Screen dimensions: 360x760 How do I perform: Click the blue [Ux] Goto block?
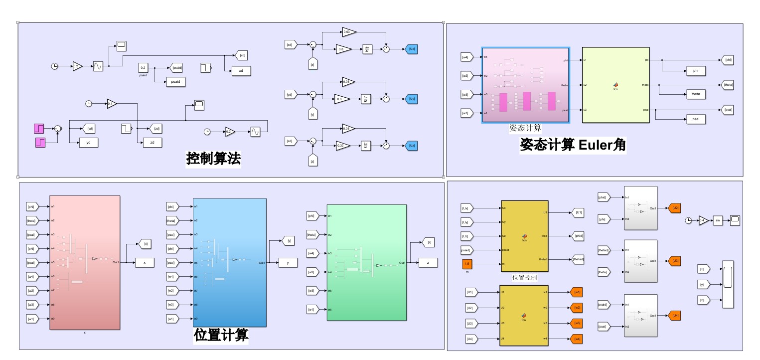412,49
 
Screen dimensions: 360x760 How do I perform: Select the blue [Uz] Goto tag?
412,146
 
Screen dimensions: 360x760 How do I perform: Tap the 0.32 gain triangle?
342,146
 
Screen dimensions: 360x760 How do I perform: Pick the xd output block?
241,71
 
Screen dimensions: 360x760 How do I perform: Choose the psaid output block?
175,82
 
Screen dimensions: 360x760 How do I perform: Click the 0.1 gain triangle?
111,104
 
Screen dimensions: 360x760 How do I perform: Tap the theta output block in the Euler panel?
695,94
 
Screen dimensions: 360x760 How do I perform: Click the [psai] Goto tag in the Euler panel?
728,110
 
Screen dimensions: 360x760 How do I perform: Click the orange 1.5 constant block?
467,264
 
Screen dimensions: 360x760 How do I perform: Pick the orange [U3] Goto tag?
675,261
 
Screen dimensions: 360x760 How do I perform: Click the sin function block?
719,220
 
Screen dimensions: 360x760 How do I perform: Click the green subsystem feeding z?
366,262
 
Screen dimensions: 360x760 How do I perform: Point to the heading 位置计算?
221,335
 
